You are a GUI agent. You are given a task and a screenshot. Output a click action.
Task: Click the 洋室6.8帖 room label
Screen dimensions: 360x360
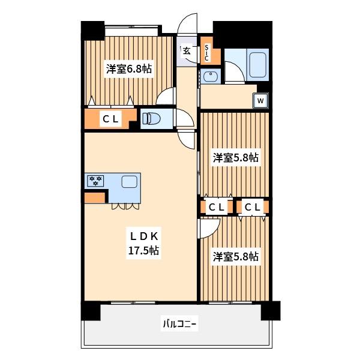coord(129,69)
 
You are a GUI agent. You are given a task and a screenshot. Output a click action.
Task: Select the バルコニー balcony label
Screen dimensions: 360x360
coord(179,325)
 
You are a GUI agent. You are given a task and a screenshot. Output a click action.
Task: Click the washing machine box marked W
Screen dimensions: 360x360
coord(260,101)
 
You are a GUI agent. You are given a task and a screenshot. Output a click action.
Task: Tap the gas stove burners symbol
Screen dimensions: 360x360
coord(95,180)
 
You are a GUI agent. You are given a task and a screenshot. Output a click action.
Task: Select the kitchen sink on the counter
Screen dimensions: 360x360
coord(129,182)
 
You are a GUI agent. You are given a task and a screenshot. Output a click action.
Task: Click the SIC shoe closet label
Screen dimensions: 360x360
coord(206,53)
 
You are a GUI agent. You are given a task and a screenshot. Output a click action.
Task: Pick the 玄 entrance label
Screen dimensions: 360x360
coord(187,52)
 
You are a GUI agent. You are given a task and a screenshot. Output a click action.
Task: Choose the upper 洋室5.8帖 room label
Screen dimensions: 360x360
coord(235,158)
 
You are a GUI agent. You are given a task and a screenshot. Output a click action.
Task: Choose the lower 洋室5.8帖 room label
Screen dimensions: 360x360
coord(235,257)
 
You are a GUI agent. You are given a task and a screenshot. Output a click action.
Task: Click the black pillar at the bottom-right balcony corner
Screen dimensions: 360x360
coord(270,310)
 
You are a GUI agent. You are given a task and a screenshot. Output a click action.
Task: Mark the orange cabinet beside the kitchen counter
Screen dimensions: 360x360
coord(94,197)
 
